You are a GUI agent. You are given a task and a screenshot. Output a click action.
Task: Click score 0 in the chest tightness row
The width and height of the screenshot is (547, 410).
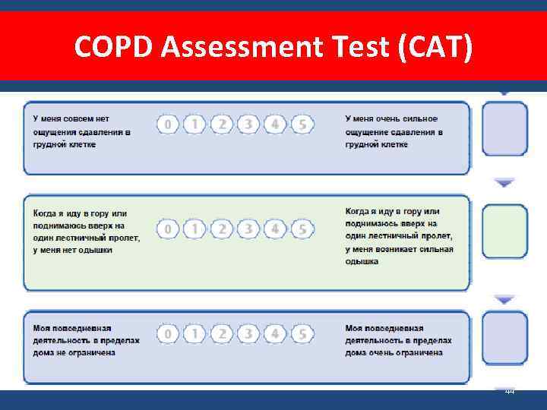click(x=168, y=124)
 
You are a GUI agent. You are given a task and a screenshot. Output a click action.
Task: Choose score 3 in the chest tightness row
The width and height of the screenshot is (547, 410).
click(x=248, y=124)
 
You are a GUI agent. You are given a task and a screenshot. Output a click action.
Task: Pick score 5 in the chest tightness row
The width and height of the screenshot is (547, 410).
click(x=302, y=124)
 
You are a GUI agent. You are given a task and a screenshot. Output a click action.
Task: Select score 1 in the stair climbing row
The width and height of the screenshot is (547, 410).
click(x=194, y=228)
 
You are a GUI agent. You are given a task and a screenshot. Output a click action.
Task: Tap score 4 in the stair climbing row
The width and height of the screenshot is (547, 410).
click(x=276, y=228)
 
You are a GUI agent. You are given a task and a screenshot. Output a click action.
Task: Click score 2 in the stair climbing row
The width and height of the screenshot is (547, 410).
click(x=222, y=228)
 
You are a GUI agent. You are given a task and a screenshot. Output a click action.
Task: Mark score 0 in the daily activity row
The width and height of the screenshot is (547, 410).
click(x=168, y=333)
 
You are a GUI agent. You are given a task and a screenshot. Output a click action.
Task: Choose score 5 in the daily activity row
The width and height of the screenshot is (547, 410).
click(x=302, y=333)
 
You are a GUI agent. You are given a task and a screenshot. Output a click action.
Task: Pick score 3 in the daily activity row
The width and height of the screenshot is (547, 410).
click(x=248, y=333)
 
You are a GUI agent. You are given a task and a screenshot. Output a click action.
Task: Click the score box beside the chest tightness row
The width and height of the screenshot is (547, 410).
click(x=505, y=128)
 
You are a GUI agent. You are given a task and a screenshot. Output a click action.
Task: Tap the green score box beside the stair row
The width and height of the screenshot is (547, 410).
click(x=505, y=232)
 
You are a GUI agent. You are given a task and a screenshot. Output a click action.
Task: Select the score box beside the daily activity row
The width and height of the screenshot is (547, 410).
click(x=505, y=338)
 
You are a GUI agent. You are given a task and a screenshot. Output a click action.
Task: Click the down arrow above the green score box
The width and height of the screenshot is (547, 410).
click(x=505, y=182)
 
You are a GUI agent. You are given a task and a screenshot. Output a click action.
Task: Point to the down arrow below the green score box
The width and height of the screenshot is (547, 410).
click(x=505, y=300)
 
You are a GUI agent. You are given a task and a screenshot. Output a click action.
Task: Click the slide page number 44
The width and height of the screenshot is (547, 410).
click(x=510, y=391)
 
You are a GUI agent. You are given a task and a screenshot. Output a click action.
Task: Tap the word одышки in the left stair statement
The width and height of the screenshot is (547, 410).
click(x=95, y=249)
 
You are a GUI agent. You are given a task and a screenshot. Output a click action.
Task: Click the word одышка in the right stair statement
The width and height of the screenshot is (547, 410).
click(x=362, y=261)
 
